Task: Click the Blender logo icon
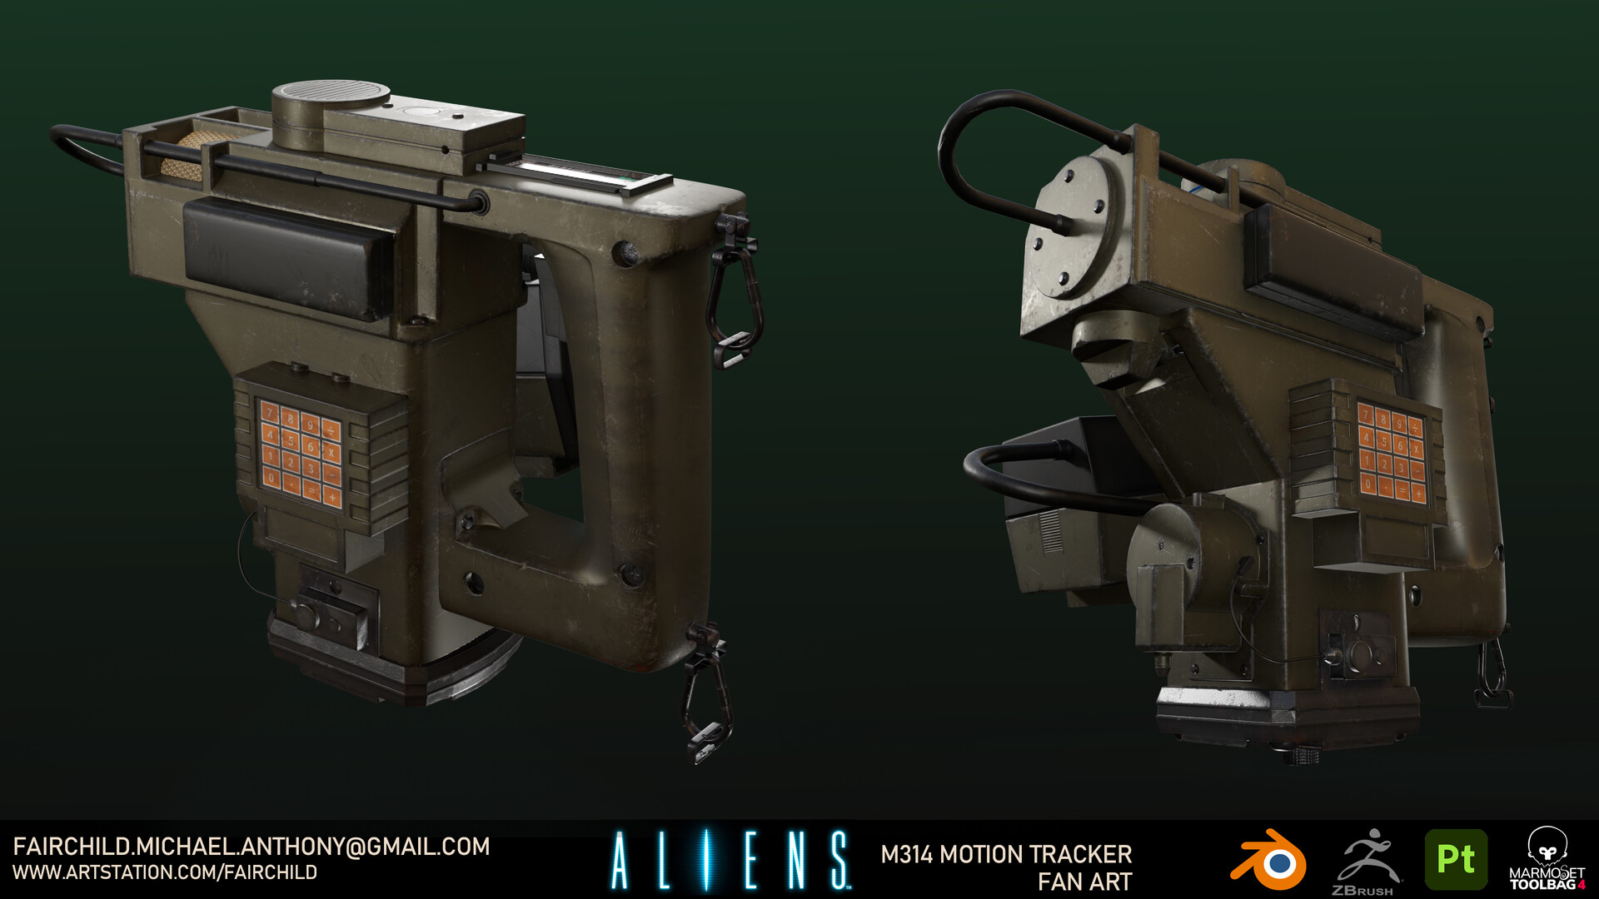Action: tap(1268, 861)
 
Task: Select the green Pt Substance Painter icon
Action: tap(1456, 860)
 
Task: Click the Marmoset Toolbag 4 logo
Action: tap(1547, 860)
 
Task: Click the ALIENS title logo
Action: tap(730, 861)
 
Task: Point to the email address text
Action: tap(251, 847)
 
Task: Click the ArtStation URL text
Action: tap(165, 872)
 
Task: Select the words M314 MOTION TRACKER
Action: tap(1006, 854)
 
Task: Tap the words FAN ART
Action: tap(1084, 882)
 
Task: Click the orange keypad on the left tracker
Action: tap(300, 454)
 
